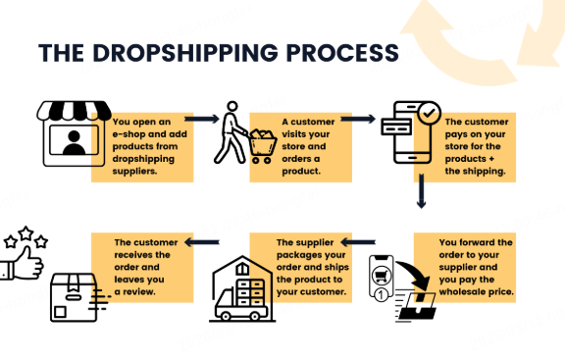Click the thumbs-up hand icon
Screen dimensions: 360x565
click(x=23, y=261)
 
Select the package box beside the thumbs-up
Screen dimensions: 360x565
click(x=74, y=295)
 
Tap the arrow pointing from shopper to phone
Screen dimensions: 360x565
click(x=357, y=120)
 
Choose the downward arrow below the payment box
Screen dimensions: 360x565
click(x=422, y=190)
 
